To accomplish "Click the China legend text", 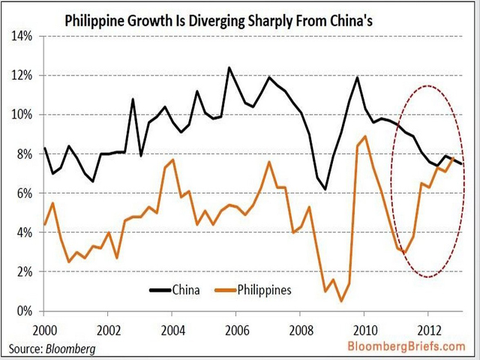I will point(186,289).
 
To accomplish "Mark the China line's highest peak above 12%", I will point(229,67).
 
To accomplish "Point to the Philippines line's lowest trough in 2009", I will point(341,301).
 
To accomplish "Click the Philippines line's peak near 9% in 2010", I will point(364,136).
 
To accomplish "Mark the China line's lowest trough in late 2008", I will point(325,189).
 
